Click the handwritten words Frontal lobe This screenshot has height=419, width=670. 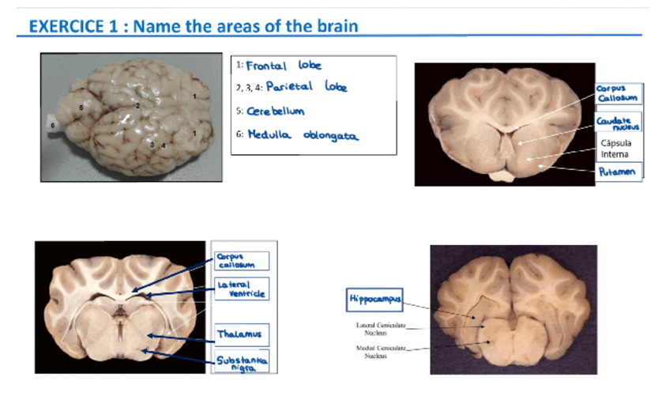284,66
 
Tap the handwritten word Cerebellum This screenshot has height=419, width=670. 276,111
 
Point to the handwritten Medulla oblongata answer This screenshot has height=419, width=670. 303,135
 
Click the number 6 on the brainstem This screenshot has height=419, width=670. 52,125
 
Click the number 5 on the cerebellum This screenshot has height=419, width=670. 81,105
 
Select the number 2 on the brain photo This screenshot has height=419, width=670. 138,104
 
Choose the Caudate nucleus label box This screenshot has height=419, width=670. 619,123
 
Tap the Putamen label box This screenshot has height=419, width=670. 617,171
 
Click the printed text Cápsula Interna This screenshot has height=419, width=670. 615,149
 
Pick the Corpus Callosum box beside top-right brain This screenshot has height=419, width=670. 617,93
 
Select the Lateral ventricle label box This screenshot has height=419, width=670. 241,289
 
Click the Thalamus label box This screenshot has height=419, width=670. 239,334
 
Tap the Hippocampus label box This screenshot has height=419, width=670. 376,300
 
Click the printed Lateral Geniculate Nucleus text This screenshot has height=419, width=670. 375,329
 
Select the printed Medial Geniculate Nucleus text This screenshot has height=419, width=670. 375,352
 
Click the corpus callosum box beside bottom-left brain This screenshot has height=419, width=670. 241,261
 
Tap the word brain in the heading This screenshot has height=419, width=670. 336,26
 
